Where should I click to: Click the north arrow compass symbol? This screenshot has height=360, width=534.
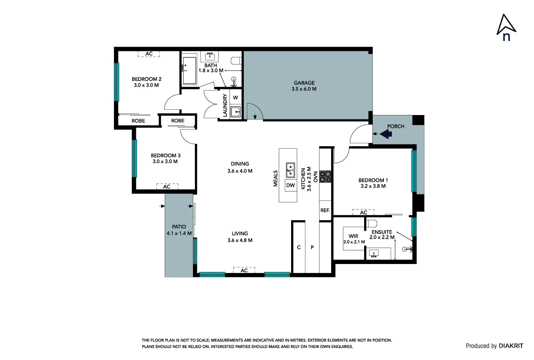[x=506, y=27]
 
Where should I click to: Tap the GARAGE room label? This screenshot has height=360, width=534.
[x=304, y=83]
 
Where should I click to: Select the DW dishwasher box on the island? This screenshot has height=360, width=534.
[x=290, y=185]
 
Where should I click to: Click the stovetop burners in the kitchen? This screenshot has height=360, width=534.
[x=325, y=177]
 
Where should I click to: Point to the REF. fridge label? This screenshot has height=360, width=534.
[x=325, y=210]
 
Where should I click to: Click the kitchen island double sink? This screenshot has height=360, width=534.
[x=290, y=170]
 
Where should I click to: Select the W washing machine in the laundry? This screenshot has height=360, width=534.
[x=236, y=97]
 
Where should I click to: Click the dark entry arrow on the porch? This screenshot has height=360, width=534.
[x=386, y=134]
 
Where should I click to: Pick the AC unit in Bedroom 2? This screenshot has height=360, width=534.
[x=149, y=54]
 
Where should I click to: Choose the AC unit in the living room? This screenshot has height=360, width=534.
[x=244, y=270]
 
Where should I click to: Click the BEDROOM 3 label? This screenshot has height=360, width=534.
[x=166, y=156]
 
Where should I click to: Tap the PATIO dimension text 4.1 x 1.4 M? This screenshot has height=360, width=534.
[x=179, y=233]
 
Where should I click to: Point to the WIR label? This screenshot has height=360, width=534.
[x=353, y=236]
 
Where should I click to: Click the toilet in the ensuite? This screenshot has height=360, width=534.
[x=372, y=224]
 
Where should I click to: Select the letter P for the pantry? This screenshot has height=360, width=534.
[x=312, y=247]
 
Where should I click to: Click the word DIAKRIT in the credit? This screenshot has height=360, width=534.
[x=511, y=346]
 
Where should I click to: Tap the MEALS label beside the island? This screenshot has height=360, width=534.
[x=275, y=178]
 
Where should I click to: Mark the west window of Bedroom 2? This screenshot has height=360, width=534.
[x=117, y=82]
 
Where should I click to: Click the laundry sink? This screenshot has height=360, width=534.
[x=236, y=111]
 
